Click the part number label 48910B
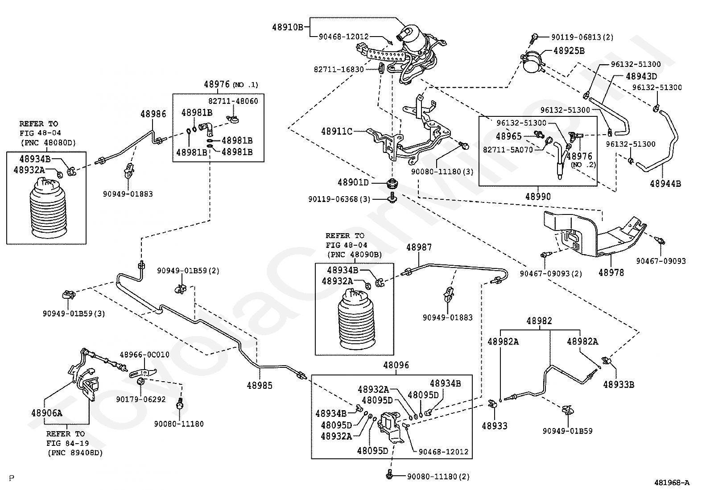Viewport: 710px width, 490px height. point(288,27)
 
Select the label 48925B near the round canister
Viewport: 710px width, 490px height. point(569,51)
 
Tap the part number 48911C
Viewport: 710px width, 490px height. point(337,131)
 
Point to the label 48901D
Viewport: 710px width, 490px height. point(353,182)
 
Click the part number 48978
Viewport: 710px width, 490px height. point(611,272)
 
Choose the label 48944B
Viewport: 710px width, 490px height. point(665,183)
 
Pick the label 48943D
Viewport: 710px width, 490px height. point(641,76)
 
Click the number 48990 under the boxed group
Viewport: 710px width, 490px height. point(537,197)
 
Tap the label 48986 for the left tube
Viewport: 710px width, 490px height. point(153,114)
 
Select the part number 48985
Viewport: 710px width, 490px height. point(260,385)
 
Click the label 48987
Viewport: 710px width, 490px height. point(419,247)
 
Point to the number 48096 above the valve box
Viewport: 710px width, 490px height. point(396,366)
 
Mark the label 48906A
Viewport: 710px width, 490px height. point(47,413)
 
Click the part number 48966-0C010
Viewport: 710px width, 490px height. point(144,355)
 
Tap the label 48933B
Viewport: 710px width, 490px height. point(619,384)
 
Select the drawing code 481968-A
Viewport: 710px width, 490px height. point(672,482)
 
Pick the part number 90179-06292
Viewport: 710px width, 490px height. point(141,399)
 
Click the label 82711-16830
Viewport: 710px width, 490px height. point(339,70)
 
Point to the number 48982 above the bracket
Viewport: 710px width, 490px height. point(539,321)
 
